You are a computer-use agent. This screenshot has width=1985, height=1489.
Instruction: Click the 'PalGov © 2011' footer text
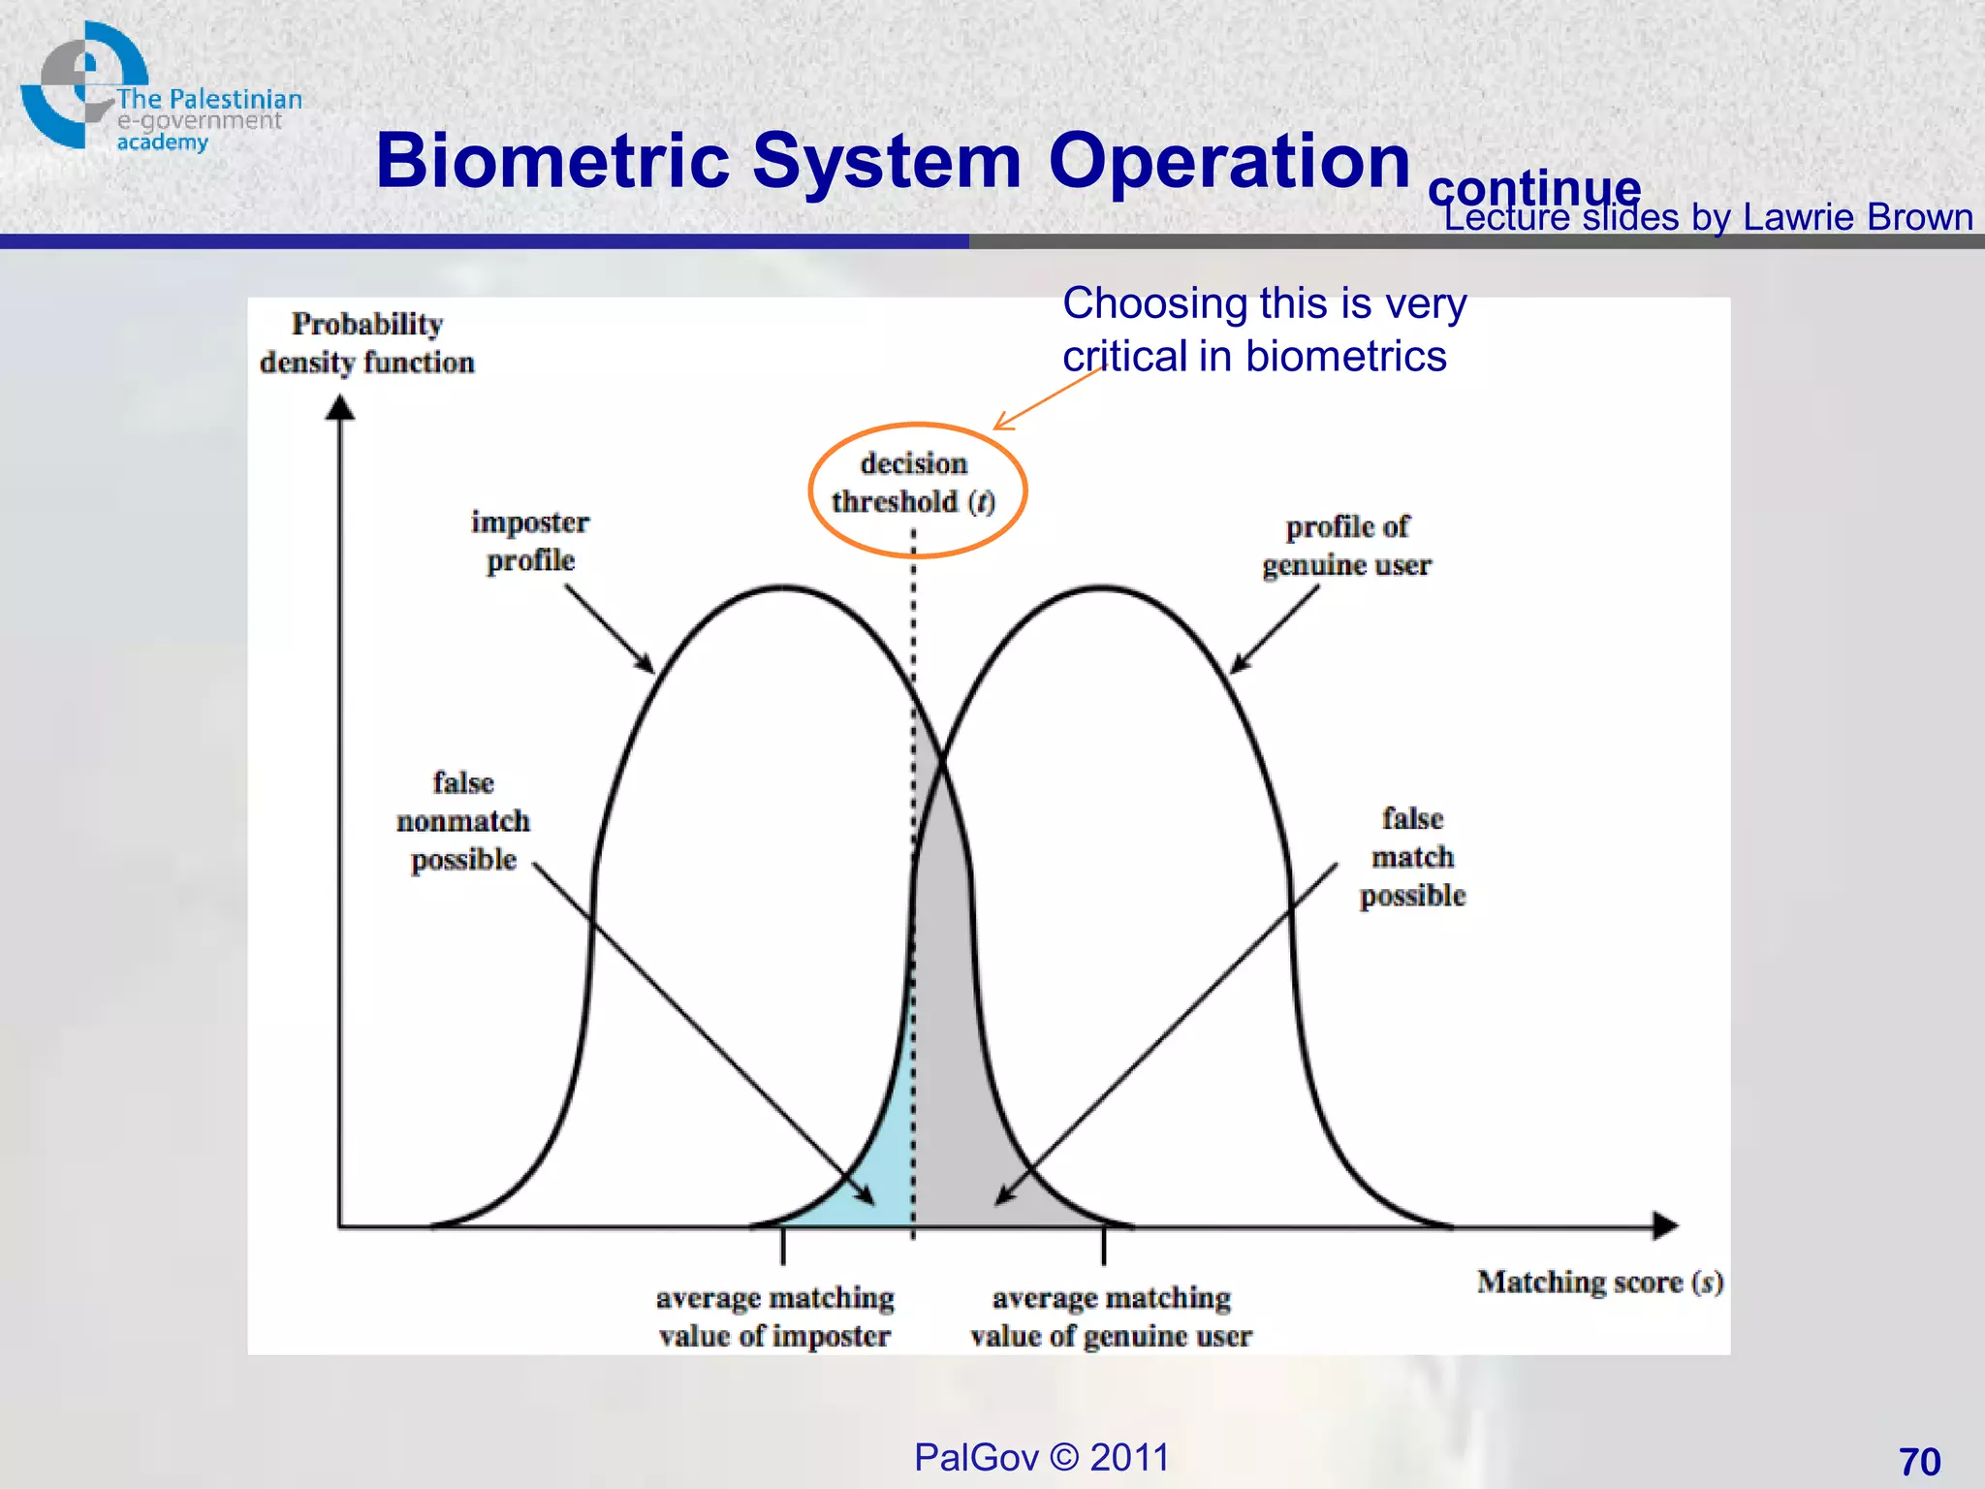tap(1042, 1457)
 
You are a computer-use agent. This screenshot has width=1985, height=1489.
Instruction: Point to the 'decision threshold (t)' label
tap(913, 483)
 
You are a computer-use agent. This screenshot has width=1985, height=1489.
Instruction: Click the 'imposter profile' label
tap(530, 541)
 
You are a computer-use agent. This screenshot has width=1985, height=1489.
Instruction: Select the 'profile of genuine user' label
tap(1346, 546)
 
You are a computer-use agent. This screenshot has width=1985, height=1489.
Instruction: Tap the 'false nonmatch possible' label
tap(463, 821)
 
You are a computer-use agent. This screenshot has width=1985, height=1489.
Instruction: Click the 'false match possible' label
tap(1412, 857)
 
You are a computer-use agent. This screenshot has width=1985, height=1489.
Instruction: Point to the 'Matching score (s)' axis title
tap(1599, 1283)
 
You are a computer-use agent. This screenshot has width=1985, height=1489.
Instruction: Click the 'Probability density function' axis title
tap(367, 343)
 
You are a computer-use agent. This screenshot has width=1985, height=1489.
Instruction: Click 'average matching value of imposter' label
tap(774, 1316)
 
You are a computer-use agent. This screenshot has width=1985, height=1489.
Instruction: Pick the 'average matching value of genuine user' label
tap(1111, 1316)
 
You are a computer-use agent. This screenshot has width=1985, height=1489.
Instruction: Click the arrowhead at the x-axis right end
tap(1666, 1225)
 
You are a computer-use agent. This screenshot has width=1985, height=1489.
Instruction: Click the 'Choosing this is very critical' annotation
tap(1264, 330)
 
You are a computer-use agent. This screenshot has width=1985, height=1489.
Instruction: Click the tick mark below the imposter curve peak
tap(783, 1246)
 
